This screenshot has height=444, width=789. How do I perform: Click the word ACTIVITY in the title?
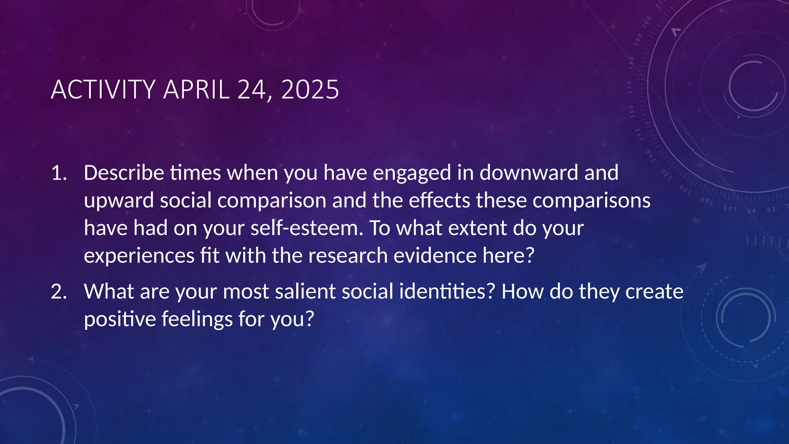pyautogui.click(x=103, y=89)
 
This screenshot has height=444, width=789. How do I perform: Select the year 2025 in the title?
pyautogui.click(x=310, y=89)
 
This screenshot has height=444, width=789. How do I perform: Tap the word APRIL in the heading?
pyautogui.click(x=196, y=89)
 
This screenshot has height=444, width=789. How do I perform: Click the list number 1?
pyautogui.click(x=59, y=173)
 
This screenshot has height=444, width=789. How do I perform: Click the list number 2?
pyautogui.click(x=59, y=292)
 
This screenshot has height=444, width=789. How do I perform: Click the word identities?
pyautogui.click(x=447, y=291)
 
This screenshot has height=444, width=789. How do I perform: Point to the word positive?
pyautogui.click(x=119, y=320)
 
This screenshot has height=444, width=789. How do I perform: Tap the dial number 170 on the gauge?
pyautogui.click(x=630, y=87)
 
